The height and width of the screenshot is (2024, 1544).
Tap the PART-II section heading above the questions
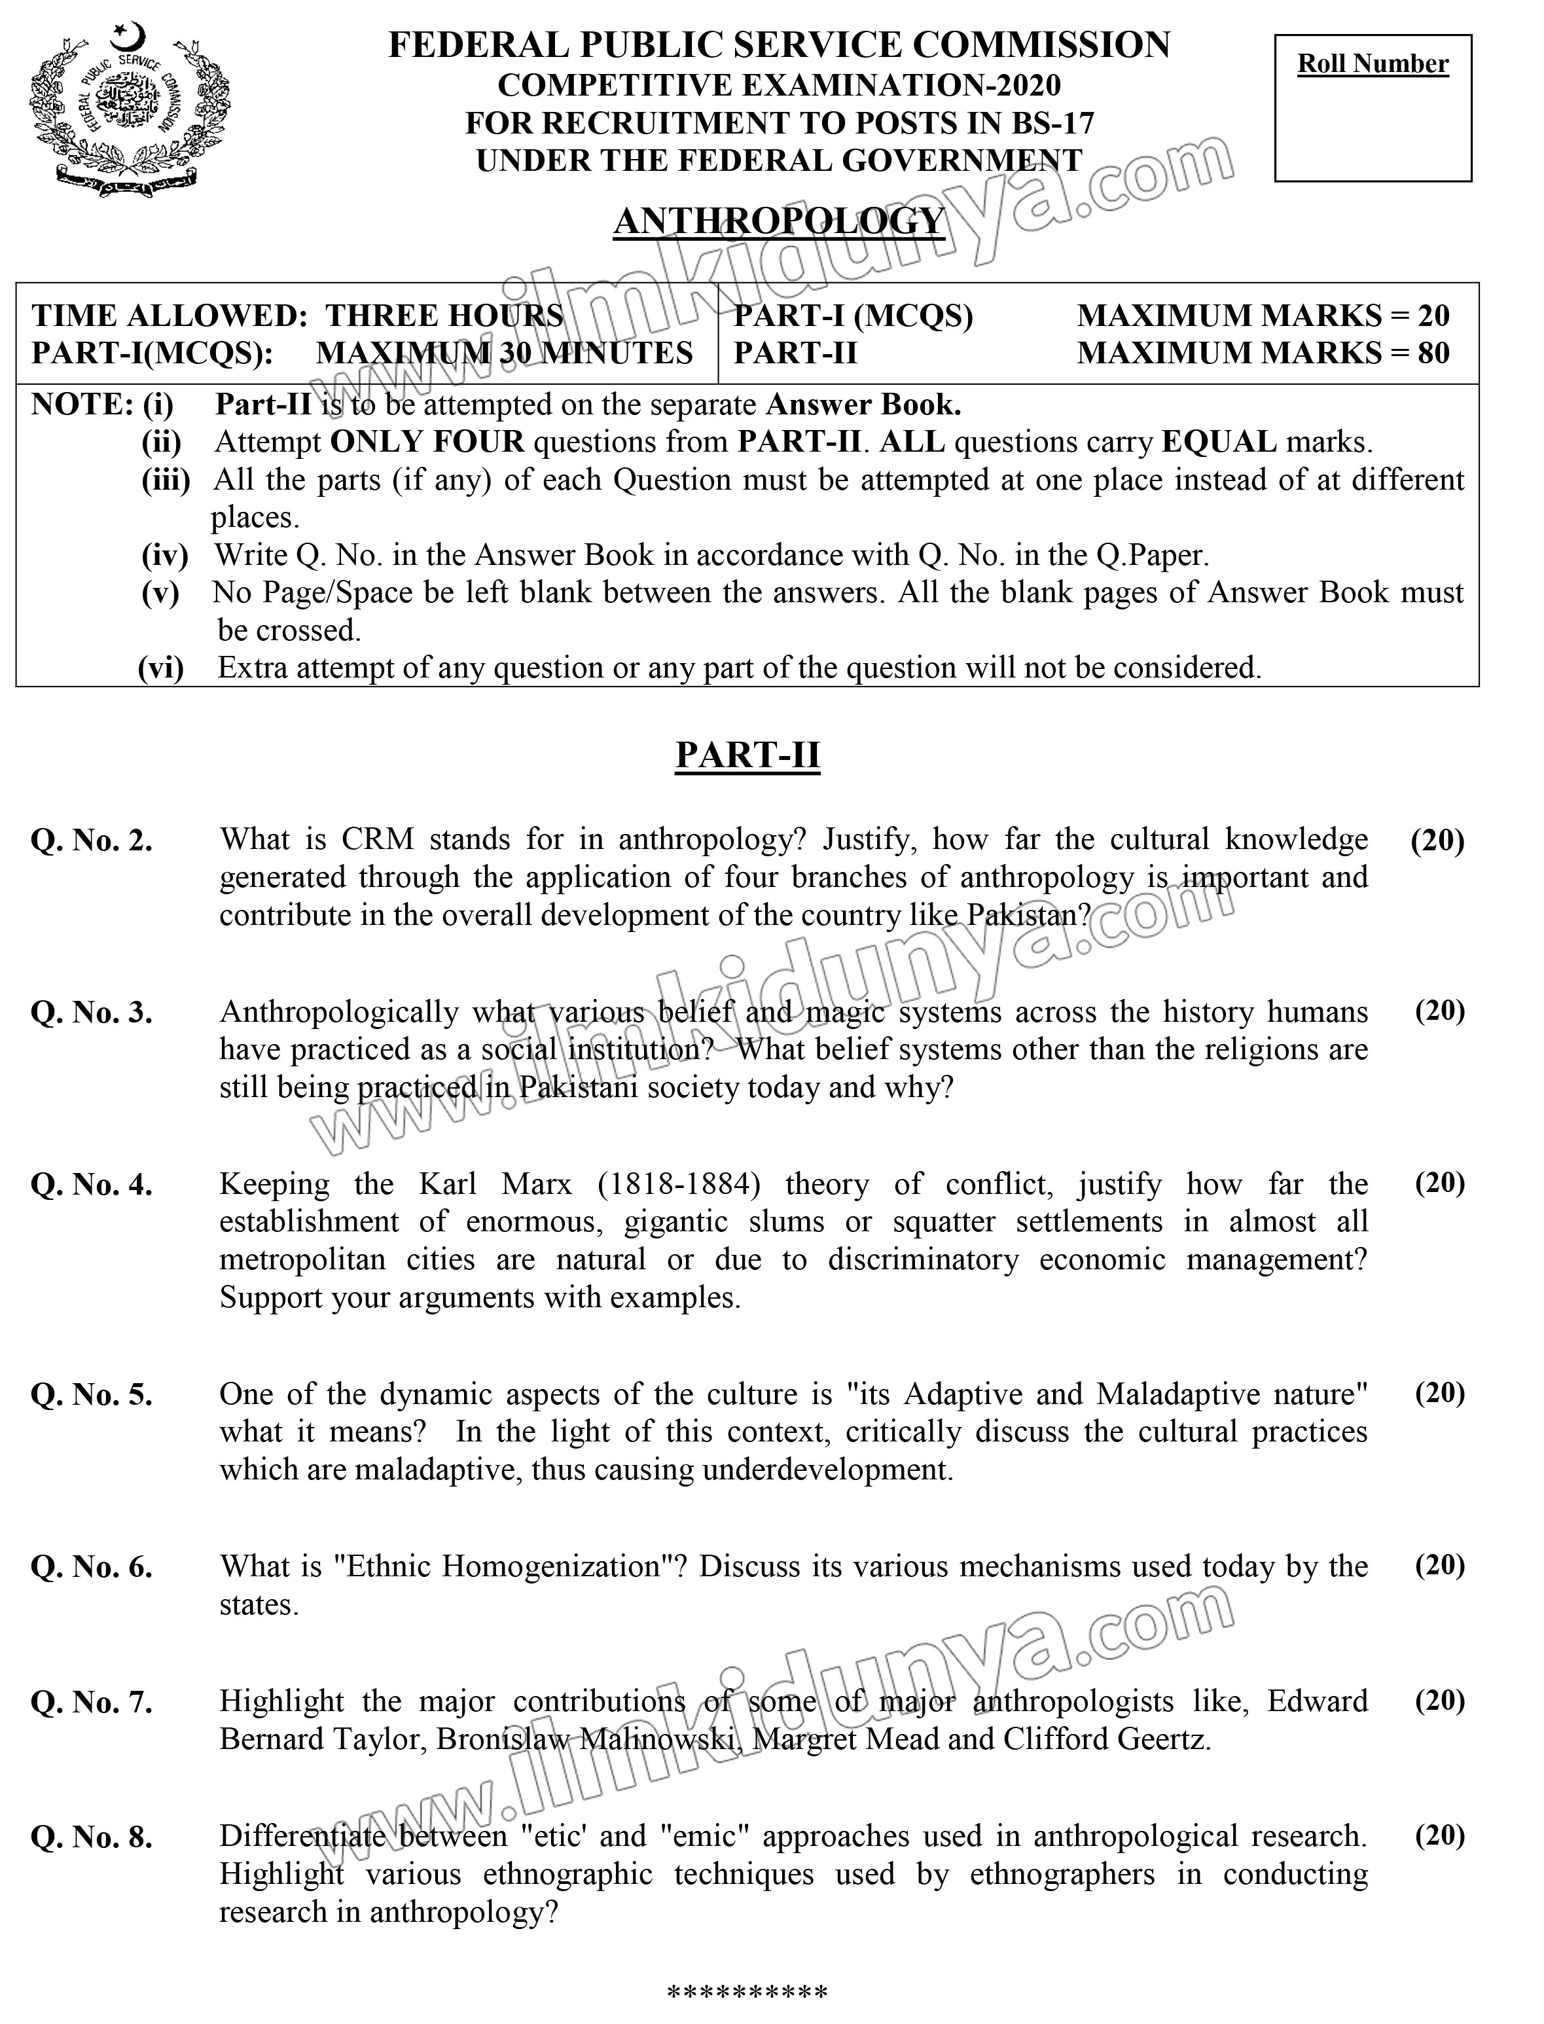(x=747, y=755)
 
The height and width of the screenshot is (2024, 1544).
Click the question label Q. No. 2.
(x=92, y=841)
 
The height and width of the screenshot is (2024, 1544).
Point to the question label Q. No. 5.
(x=92, y=1396)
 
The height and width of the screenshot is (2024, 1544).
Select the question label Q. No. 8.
(x=92, y=1837)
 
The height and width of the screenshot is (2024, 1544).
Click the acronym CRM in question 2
(x=377, y=839)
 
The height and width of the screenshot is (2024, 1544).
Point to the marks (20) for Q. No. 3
(x=1439, y=1011)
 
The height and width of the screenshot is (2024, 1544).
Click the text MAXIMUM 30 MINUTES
(x=505, y=353)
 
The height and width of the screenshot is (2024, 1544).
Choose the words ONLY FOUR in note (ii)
(x=427, y=442)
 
